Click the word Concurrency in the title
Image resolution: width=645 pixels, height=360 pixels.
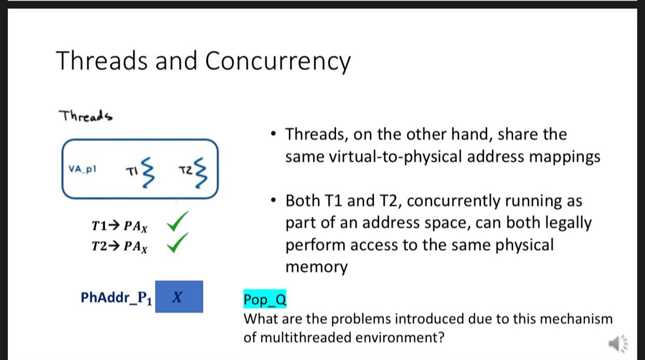[278, 61]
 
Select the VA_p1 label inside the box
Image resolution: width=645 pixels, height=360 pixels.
[83, 169]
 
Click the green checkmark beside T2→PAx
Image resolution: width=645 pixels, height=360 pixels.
[177, 242]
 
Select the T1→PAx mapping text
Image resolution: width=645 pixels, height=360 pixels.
[119, 226]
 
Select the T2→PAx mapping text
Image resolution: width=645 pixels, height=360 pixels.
[119, 246]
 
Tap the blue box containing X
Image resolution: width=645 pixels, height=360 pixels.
[179, 297]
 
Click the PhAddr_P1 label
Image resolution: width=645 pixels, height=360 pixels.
[117, 298]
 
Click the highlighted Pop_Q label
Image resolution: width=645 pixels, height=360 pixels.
[265, 299]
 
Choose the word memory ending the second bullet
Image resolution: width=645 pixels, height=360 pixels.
[316, 267]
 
